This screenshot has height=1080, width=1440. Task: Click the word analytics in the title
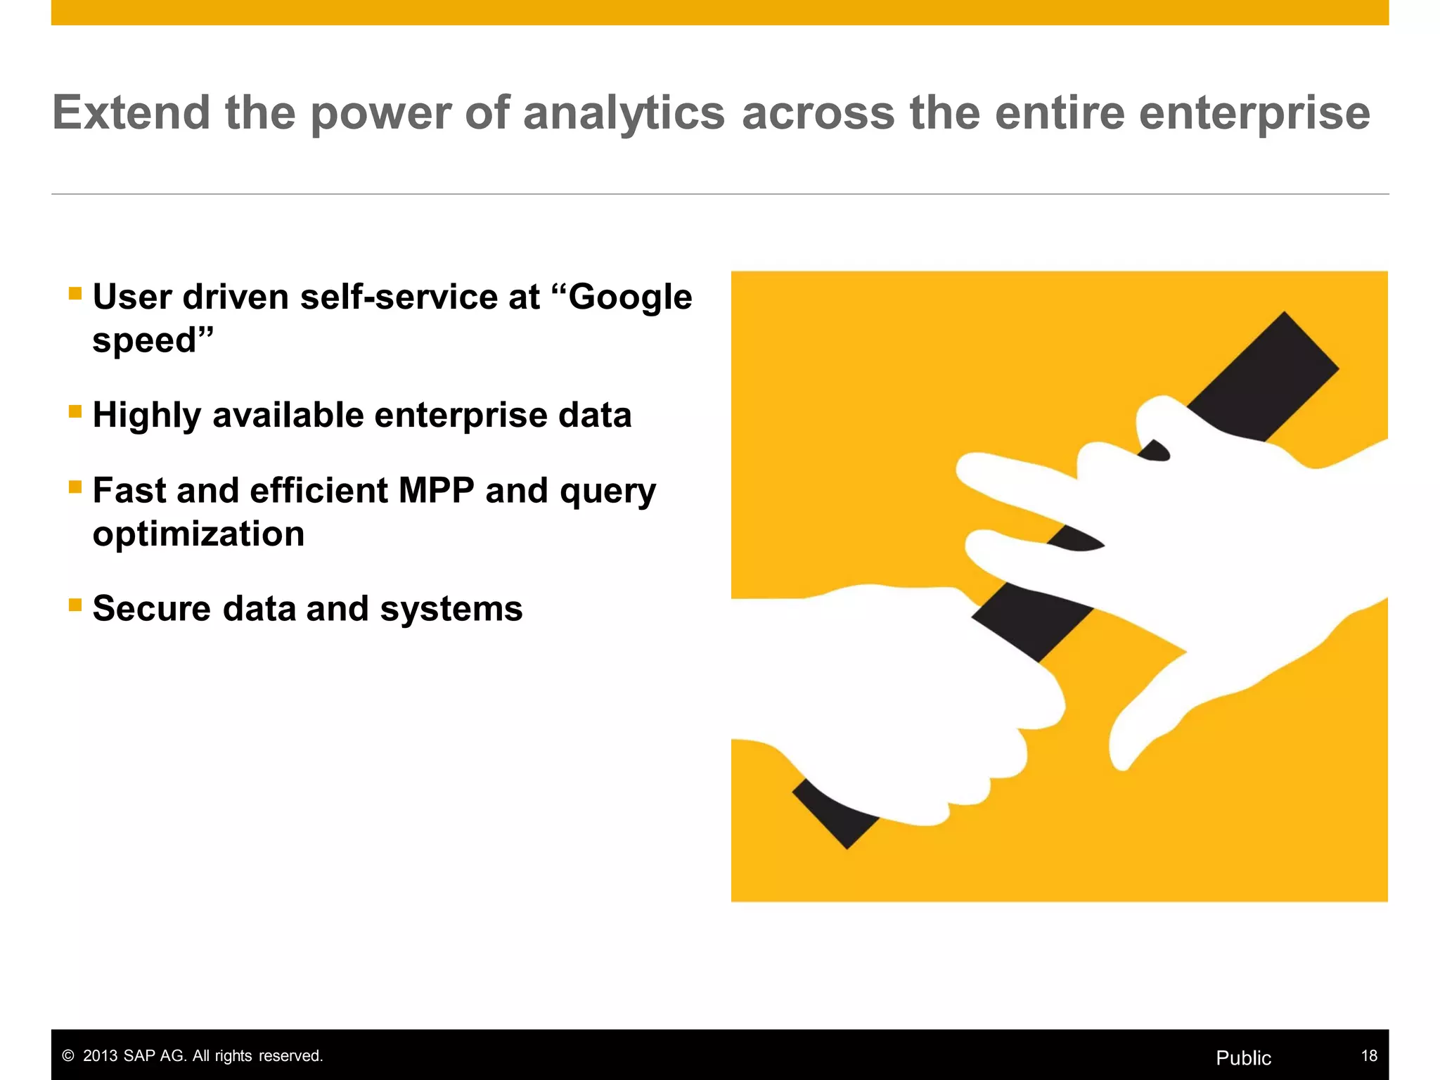[624, 113]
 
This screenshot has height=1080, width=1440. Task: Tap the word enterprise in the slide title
[1254, 113]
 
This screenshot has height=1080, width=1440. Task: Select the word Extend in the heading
[131, 112]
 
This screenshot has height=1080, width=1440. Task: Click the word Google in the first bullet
[630, 297]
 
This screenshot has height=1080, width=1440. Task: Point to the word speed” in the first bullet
[153, 341]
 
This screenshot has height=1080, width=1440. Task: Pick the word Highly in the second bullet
[146, 416]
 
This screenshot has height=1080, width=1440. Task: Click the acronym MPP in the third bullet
[436, 490]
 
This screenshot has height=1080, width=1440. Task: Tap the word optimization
[198, 534]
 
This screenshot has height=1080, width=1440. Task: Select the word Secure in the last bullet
[151, 608]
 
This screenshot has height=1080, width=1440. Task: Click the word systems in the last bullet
[451, 609]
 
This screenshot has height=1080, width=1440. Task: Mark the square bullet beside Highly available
[75, 411]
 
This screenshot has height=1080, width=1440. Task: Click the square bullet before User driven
[75, 293]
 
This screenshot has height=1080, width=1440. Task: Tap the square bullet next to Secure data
[75, 605]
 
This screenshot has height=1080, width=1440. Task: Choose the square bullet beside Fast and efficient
[75, 487]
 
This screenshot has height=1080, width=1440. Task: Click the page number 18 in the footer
[1368, 1055]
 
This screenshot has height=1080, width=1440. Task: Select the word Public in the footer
[1243, 1057]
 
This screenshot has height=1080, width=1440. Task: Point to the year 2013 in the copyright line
[101, 1055]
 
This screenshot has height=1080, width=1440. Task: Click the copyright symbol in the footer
[68, 1056]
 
